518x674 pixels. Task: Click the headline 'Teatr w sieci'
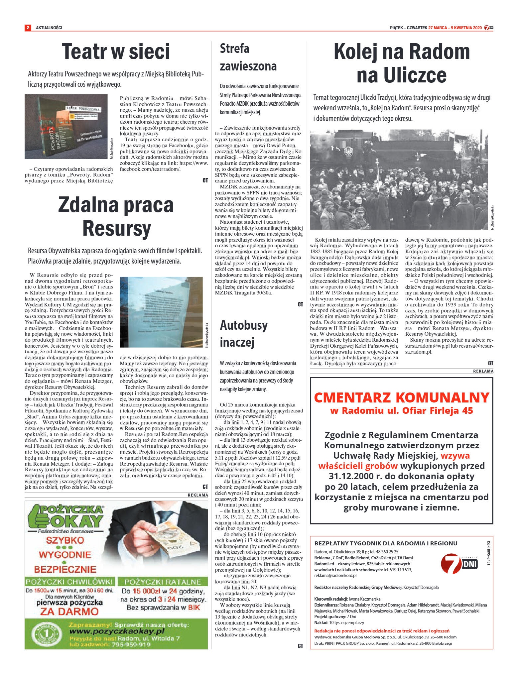116,52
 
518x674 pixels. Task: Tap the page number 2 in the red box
28,28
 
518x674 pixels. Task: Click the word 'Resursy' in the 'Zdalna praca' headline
116,228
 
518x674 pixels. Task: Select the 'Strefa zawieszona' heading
248,57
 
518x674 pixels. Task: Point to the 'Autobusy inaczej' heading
244,333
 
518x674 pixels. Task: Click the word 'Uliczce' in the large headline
401,75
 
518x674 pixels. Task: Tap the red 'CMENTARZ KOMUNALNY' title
401,397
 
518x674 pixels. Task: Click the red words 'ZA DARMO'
69,611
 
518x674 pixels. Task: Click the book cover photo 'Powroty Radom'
66,126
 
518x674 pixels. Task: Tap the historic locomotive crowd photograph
399,179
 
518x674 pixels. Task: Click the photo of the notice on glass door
161,312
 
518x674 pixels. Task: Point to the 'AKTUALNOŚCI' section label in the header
49,28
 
